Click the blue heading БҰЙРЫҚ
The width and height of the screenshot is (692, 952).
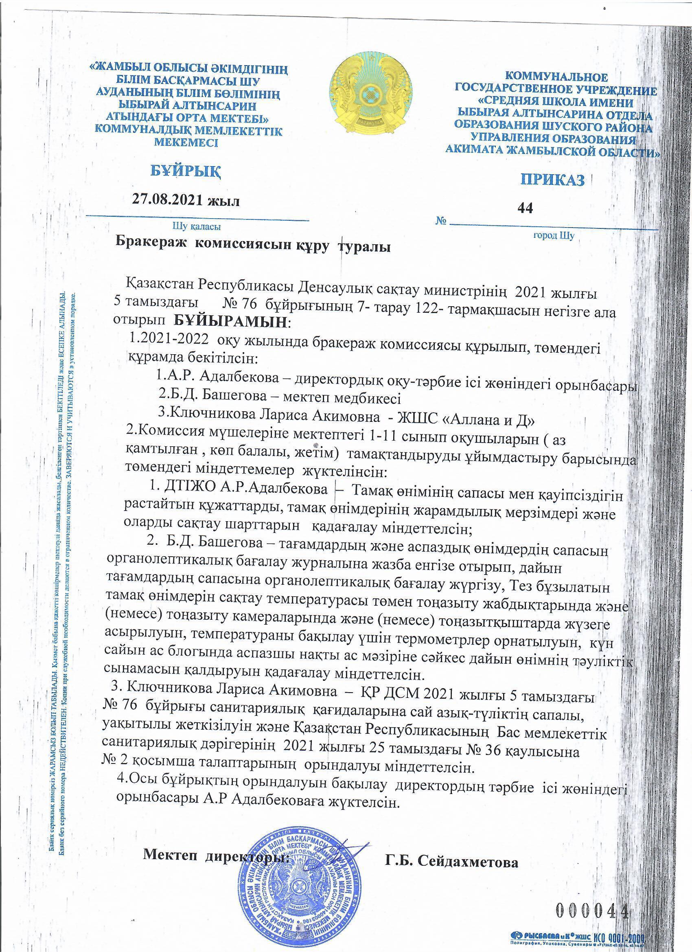click(x=185, y=171)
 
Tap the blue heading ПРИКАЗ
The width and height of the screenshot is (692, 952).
click(x=553, y=180)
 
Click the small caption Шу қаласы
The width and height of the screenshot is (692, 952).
click(x=197, y=227)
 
